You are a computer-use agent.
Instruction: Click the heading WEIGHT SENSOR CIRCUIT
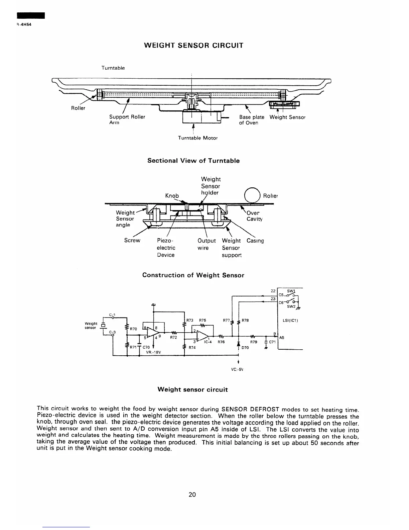point(193,45)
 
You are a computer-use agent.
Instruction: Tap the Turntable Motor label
point(197,138)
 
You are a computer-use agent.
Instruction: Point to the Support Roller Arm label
point(127,119)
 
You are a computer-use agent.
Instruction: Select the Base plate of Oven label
point(251,120)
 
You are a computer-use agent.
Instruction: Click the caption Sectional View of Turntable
point(193,161)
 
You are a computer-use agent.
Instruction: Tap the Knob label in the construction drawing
point(172,195)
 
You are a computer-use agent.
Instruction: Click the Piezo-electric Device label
point(166,248)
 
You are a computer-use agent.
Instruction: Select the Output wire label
point(207,244)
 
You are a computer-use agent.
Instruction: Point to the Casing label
point(255,241)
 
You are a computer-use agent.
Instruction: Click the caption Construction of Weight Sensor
point(193,275)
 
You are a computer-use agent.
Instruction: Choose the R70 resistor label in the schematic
point(133,329)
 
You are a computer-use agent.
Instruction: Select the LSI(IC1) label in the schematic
point(290,321)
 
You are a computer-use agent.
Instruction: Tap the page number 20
point(192,494)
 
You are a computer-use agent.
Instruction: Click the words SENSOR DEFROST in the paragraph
point(249,409)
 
